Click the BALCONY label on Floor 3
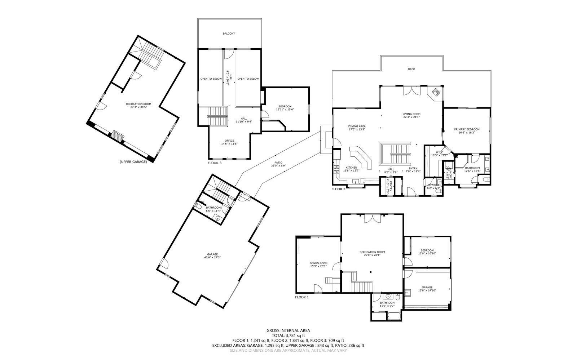tap(229, 34)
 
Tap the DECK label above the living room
tap(411, 69)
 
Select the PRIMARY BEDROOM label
tap(467, 129)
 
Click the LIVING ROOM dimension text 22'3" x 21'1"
tap(411, 117)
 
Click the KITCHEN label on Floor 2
tap(351, 168)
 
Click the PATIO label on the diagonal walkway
tap(278, 163)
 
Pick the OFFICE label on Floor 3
tap(229, 141)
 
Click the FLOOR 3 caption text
tap(215, 163)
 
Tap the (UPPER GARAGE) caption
tap(133, 162)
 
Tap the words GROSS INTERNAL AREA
tap(288, 330)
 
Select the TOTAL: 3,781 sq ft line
tap(288, 335)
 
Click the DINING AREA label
tap(357, 126)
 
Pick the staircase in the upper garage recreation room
tap(148, 56)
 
